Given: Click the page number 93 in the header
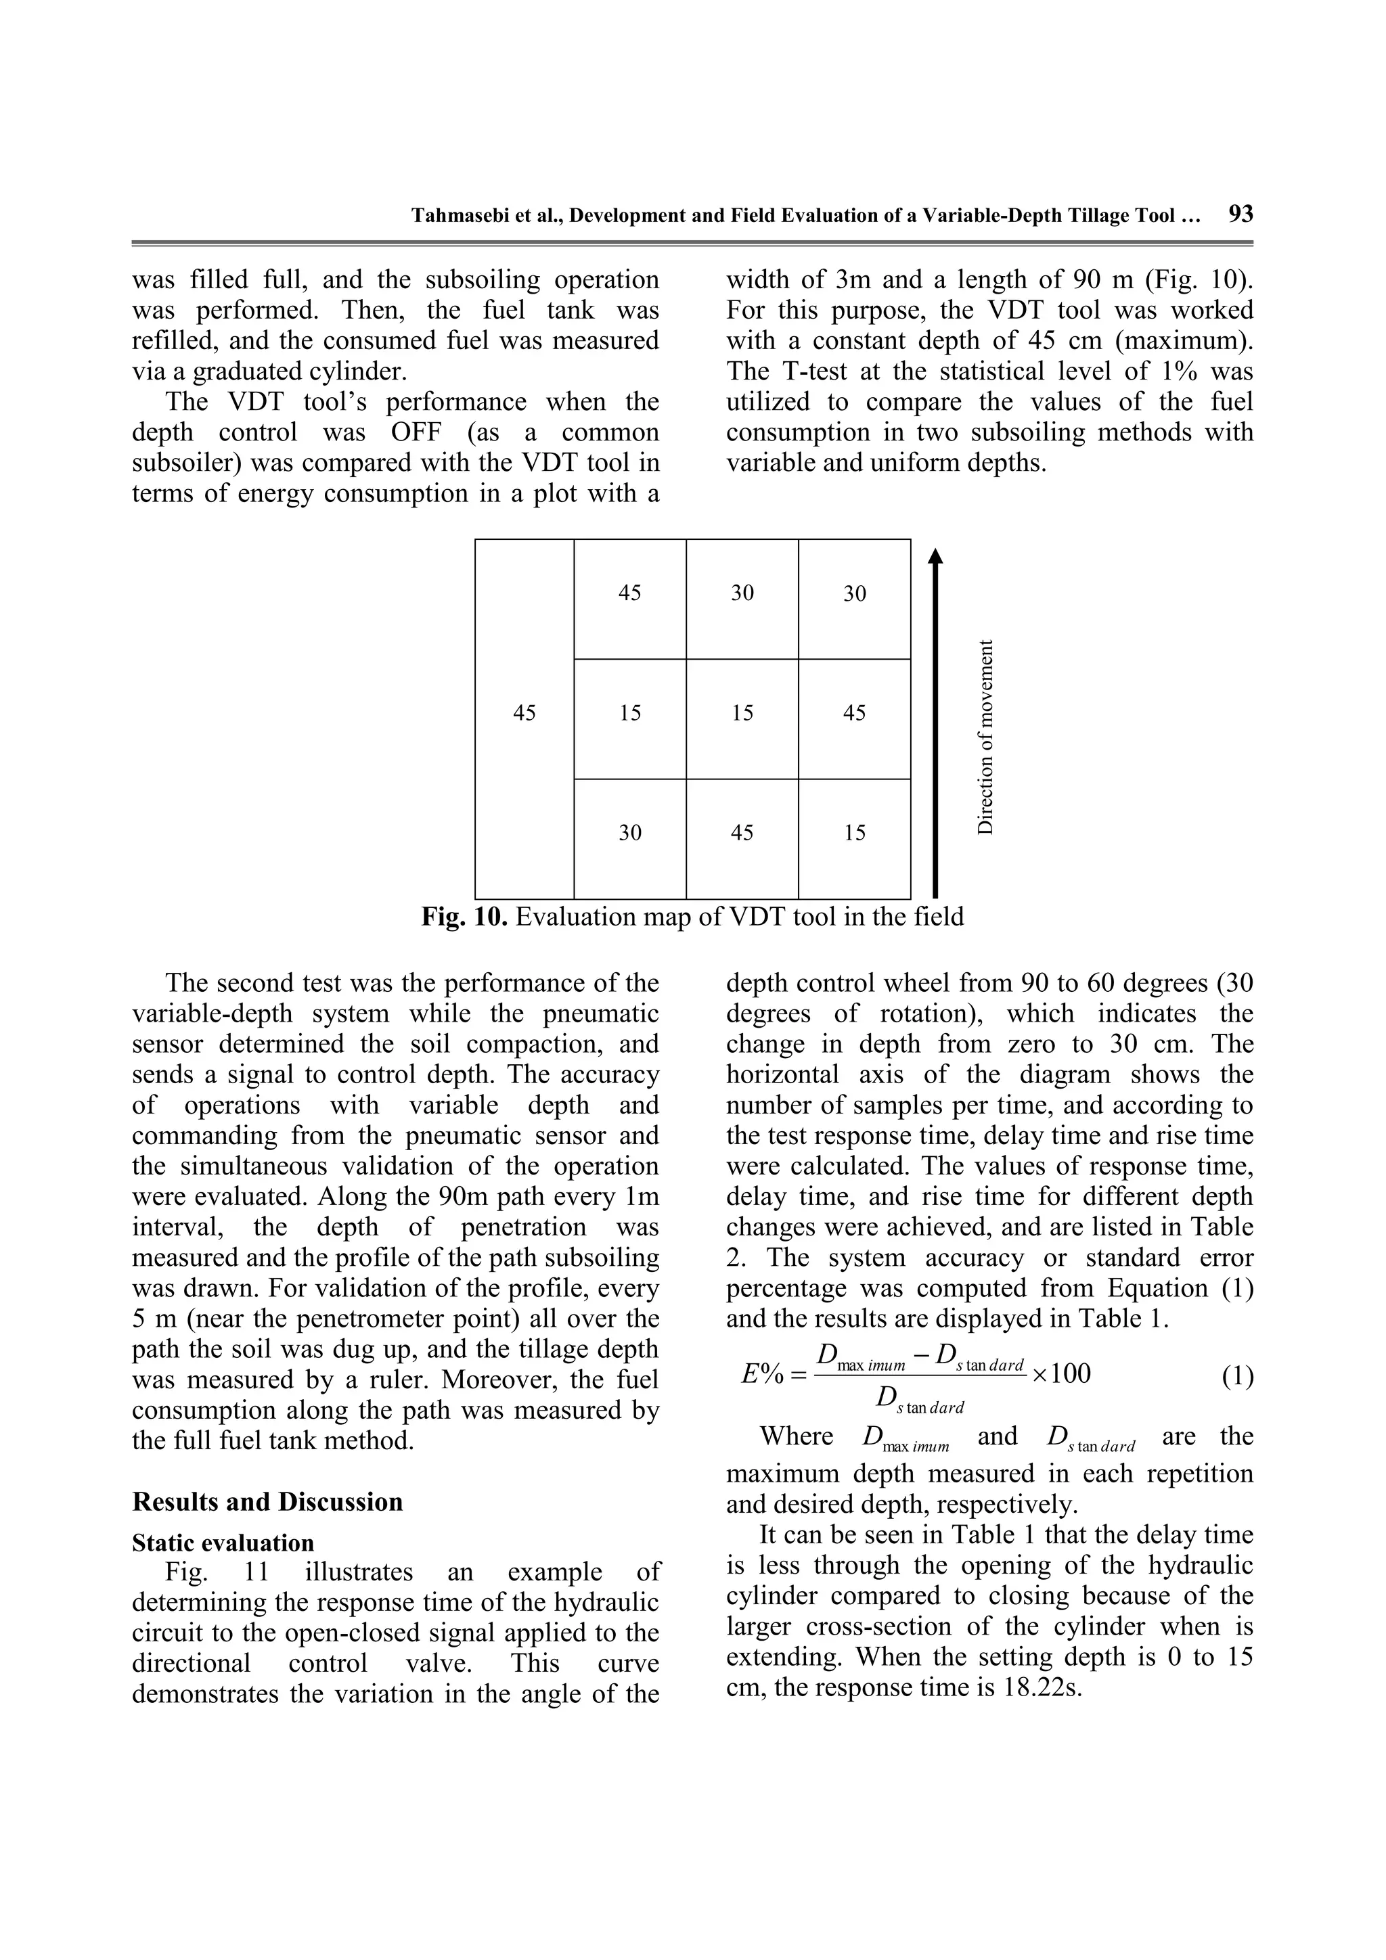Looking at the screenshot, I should [x=1240, y=213].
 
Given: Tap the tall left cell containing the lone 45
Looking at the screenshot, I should [x=524, y=713].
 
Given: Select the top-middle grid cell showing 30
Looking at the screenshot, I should [x=742, y=593].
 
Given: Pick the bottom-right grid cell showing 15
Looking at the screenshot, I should [x=855, y=833].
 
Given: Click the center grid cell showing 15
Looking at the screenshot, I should [x=742, y=713].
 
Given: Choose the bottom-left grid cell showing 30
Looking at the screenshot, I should [x=629, y=833].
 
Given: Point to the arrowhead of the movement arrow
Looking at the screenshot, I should [x=936, y=557].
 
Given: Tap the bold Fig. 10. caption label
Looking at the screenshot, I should [x=466, y=917].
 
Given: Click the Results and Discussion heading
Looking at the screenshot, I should [x=267, y=1501].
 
